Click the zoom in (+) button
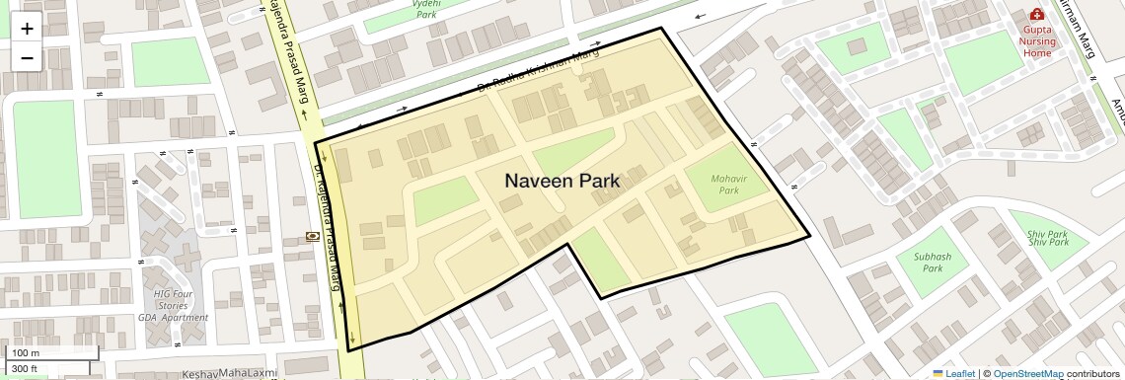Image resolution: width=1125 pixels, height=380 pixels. [27, 29]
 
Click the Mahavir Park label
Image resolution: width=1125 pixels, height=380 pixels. [730, 184]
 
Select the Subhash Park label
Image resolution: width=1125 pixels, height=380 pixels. [933, 262]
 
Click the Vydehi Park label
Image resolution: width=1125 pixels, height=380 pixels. [426, 9]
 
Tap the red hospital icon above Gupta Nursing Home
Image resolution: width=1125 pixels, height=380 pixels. [1037, 15]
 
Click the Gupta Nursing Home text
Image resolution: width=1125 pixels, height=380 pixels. [1037, 41]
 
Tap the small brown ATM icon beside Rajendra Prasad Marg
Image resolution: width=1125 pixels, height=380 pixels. [313, 236]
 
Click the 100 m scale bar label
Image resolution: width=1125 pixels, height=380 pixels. [25, 353]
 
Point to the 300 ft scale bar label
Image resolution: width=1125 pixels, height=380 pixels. [25, 369]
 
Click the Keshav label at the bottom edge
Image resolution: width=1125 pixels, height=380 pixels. [199, 375]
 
